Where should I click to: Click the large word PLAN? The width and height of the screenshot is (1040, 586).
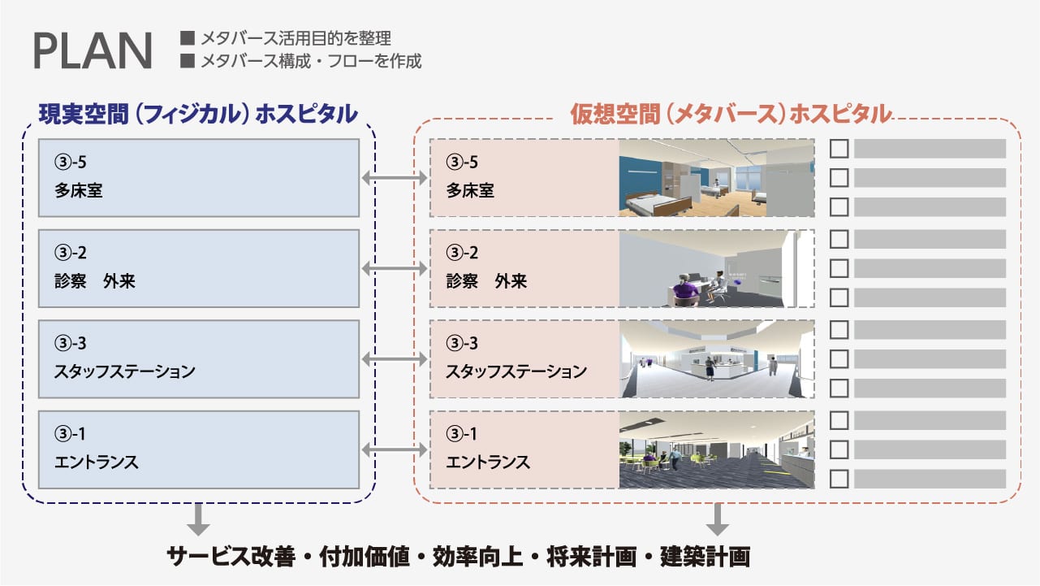coord(93,50)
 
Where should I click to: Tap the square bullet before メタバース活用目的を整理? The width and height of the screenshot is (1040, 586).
coord(187,37)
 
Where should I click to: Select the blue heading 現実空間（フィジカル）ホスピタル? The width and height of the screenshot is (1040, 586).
coord(198,115)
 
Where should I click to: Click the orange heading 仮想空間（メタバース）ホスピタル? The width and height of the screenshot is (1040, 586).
coord(731,115)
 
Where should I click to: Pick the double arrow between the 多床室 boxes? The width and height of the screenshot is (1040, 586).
coord(395,177)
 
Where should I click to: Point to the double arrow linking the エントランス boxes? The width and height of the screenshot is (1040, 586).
coord(395,449)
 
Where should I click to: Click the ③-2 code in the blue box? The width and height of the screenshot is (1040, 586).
coord(71,253)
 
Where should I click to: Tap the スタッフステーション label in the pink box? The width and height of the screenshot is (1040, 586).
coord(516,371)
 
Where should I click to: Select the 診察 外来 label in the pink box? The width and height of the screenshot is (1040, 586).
coord(486,281)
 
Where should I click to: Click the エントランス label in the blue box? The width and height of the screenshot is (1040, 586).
coord(96,462)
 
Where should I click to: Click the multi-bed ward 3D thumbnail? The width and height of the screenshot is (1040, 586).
coord(716,177)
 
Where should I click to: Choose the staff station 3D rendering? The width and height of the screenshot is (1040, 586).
coord(716,358)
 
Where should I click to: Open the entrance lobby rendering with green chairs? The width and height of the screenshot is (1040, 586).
coord(716,449)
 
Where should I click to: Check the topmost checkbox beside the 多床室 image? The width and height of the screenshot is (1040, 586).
coord(839,149)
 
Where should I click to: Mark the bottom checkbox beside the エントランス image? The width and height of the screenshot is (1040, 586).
coord(839,479)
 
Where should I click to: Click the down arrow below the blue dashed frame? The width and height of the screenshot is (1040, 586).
coord(198,519)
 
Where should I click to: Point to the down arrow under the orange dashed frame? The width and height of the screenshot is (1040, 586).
coord(718,519)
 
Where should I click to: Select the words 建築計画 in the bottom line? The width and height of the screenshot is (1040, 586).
coord(705,557)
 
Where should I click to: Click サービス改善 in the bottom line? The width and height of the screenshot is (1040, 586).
coord(231,557)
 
